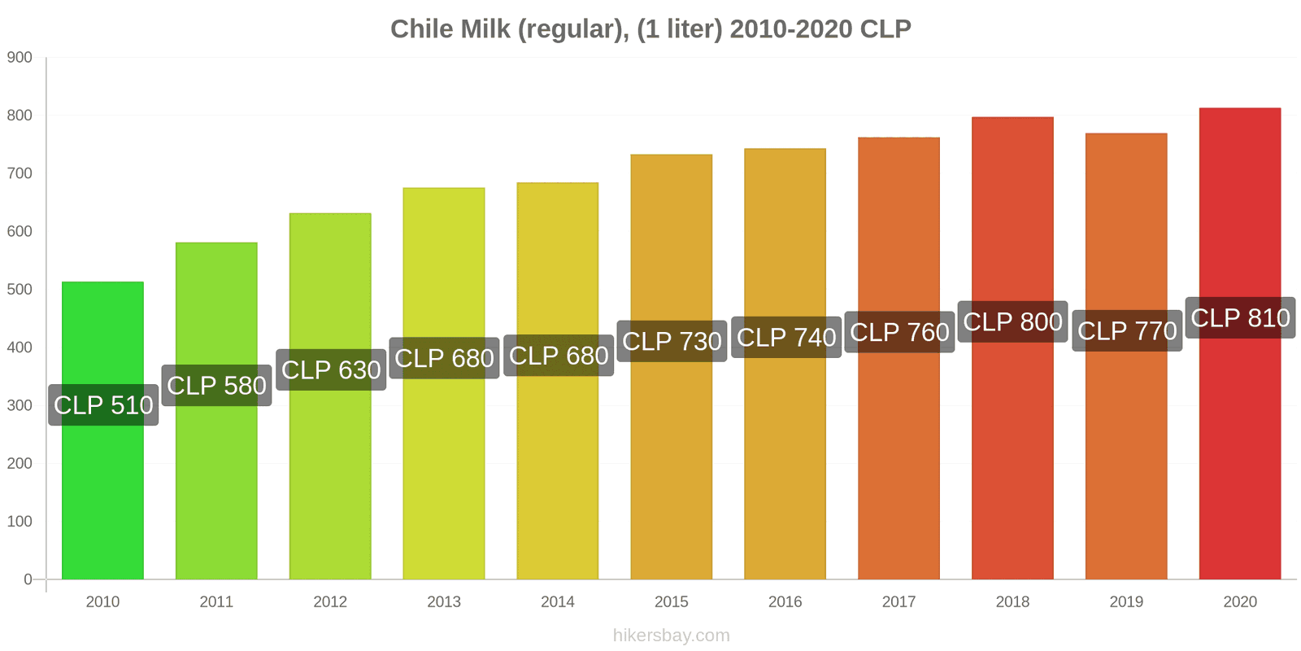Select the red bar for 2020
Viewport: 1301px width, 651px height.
pos(1239,456)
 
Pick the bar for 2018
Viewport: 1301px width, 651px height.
pos(1012,456)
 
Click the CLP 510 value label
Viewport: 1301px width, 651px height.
pos(103,405)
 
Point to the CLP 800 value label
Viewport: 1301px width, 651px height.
pos(1012,321)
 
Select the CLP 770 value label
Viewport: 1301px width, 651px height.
pos(1127,330)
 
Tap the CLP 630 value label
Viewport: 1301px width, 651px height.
pos(331,369)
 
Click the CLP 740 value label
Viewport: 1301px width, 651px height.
pos(786,337)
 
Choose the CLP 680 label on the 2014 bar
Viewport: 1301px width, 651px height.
pos(559,356)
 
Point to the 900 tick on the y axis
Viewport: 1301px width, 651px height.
pos(20,58)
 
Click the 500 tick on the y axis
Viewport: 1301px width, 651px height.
pos(20,290)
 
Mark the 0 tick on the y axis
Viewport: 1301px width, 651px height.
pos(28,579)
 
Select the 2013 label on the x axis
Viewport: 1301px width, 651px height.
pos(444,602)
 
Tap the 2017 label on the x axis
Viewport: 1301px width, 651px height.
pos(899,602)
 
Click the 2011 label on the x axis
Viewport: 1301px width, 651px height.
pos(216,602)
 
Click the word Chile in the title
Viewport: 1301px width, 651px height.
pos(422,28)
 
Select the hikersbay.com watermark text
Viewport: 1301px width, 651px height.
pos(671,636)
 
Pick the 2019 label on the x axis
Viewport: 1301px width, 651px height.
pos(1126,602)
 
